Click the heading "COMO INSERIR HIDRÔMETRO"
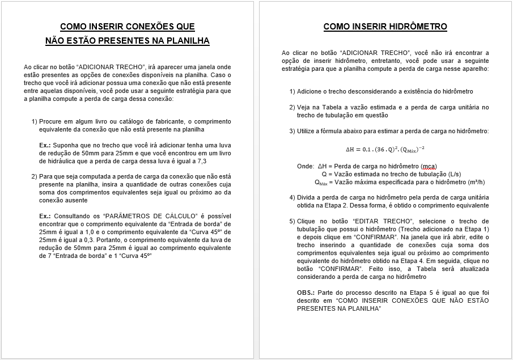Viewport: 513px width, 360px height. [385, 27]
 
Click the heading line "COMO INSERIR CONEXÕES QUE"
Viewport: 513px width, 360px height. [127, 27]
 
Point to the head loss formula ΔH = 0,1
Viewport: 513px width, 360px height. [385, 150]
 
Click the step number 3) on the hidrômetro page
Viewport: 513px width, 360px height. [292, 131]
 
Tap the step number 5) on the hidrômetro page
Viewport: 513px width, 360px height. [292, 221]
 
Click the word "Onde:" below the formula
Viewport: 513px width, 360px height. [306, 166]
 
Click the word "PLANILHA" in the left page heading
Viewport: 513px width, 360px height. [188, 41]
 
